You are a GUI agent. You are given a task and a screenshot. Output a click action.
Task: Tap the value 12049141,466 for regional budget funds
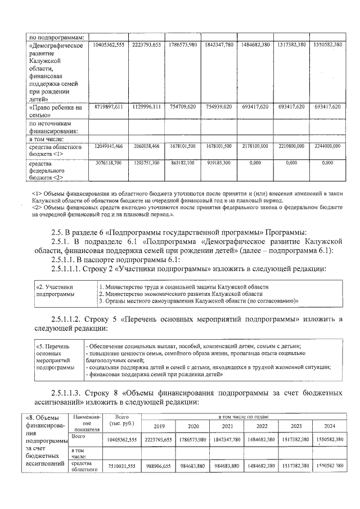point(107,146)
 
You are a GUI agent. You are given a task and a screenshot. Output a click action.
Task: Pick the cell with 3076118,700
point(107,163)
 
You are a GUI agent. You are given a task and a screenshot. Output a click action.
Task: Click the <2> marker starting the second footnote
point(38,208)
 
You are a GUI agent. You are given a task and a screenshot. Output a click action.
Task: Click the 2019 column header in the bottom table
point(159,426)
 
